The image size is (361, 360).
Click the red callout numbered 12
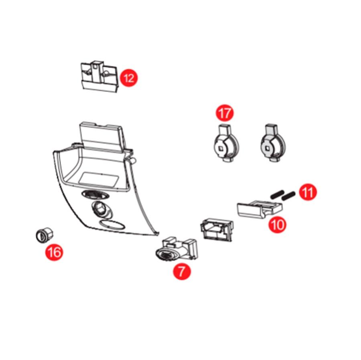[129, 78]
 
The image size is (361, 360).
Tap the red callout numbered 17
[225, 113]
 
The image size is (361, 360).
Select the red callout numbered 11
[308, 192]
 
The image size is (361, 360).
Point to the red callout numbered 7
[182, 271]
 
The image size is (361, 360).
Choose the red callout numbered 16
[54, 252]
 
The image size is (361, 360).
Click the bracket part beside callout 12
[99, 77]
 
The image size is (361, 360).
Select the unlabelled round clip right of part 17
[273, 143]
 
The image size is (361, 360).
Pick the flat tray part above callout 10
[260, 208]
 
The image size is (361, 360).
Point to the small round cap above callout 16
[45, 235]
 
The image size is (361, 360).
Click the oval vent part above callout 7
[176, 250]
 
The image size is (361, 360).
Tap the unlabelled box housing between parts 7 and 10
[217, 230]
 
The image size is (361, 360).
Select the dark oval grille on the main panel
[95, 195]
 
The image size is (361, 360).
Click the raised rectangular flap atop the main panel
[102, 138]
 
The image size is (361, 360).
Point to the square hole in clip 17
[221, 148]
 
